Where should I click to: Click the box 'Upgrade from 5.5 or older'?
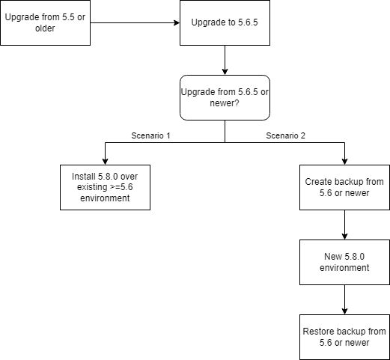coord(45,22)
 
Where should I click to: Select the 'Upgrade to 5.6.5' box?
coord(225,22)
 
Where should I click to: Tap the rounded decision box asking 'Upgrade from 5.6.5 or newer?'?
coord(225,97)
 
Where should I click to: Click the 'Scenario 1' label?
coord(151,136)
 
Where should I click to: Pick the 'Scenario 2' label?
coord(285,136)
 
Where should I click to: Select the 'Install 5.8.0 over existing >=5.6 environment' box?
coord(105,187)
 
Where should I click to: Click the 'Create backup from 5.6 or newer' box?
coord(344,187)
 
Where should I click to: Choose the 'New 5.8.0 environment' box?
coord(344,262)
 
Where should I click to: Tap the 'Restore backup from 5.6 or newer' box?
coord(344,337)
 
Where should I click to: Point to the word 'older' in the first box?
coord(45,28)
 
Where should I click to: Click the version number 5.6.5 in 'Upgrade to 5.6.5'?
coord(245,22)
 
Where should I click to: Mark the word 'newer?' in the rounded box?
coord(225,103)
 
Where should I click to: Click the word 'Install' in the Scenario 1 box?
coord(84,177)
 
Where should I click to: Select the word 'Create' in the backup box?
coord(320,182)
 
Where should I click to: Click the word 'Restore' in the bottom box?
coord(319,332)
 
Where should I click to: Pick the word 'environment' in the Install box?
coord(105,198)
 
